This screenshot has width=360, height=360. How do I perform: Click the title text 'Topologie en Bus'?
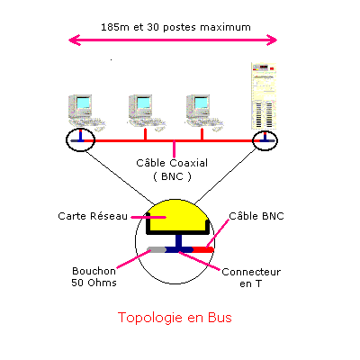pyautogui.click(x=175, y=318)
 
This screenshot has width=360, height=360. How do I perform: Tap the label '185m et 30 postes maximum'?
pyautogui.click(x=175, y=27)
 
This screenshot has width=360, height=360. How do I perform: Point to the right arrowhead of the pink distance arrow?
pyautogui.click(x=272, y=40)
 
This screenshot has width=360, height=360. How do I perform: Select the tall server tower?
pyautogui.click(x=264, y=96)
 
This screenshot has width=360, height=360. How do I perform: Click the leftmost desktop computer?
pyautogui.click(x=86, y=112)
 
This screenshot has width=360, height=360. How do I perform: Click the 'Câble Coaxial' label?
pyautogui.click(x=172, y=163)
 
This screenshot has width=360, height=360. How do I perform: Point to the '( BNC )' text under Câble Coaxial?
pyautogui.click(x=172, y=176)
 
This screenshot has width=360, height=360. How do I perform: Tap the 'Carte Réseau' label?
pyautogui.click(x=93, y=216)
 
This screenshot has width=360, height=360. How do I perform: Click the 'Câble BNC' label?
pyautogui.click(x=256, y=216)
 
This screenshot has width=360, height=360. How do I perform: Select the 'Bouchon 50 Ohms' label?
pyautogui.click(x=94, y=276)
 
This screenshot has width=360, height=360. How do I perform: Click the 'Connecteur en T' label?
pyautogui.click(x=251, y=277)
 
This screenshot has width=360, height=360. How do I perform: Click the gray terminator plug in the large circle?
pyautogui.click(x=157, y=249)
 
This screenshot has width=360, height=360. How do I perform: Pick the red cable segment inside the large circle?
pyautogui.click(x=203, y=249)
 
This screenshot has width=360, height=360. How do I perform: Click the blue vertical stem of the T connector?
pyautogui.click(x=179, y=240)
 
